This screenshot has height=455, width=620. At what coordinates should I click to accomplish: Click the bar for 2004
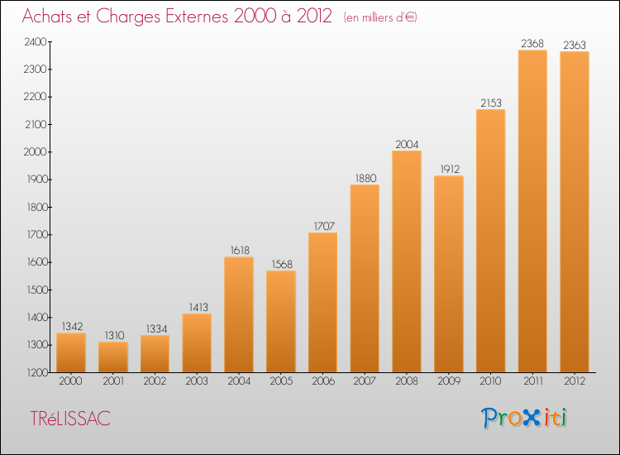pos(239,314)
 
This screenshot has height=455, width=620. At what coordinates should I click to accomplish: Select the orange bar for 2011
pos(532,211)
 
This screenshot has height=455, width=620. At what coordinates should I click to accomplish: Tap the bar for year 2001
pos(113,357)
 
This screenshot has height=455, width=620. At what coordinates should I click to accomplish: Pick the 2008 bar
pos(407,261)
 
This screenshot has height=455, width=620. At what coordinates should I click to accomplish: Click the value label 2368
pos(532,43)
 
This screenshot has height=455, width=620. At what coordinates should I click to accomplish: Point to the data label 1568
pos(282,264)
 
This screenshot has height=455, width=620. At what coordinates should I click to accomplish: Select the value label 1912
pos(450,170)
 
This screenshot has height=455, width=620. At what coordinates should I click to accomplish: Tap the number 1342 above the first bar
pos(72,327)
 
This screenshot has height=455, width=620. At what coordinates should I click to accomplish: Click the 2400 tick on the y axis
pos(36,42)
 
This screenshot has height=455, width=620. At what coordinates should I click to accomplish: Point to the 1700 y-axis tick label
pos(36,235)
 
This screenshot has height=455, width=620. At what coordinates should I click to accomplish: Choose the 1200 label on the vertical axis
pos(36,373)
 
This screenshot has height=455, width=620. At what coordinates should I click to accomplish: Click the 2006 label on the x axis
pos(323,381)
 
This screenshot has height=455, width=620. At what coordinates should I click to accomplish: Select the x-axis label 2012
pos(575,381)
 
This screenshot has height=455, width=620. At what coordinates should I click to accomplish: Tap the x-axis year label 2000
pos(70,381)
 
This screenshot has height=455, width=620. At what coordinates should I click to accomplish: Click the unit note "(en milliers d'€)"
pos(380,17)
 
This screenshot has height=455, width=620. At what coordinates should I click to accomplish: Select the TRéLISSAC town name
pos(70,419)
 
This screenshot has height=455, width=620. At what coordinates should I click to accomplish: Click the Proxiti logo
pos(523,418)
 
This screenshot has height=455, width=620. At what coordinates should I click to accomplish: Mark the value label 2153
pos(491,103)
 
